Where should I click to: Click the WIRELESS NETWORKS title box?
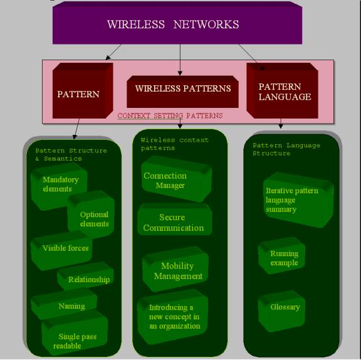coord(177,23)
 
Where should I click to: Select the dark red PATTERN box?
coord(83,91)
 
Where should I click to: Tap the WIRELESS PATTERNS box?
coord(182,92)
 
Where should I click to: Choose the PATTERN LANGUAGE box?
coord(282,91)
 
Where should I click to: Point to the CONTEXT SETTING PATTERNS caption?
coord(170,115)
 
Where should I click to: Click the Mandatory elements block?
coord(59,186)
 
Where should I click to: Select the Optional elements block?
coord(91,214)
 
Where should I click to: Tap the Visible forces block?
coord(61,250)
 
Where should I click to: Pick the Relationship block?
coord(85,276)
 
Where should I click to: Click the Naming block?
coord(64,304)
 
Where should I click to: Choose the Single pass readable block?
coord(75,332)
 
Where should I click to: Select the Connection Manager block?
coord(177,179)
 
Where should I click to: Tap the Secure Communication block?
coord(175,220)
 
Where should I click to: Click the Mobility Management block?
coord(175,269)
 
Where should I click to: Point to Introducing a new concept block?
coord(173,317)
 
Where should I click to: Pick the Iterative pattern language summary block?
coord(298,200)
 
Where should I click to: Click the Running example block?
coord(282,255)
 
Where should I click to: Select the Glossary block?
coord(282,311)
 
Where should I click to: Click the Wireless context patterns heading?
coord(174,144)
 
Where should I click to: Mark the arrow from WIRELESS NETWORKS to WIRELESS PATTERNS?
coord(180,60)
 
